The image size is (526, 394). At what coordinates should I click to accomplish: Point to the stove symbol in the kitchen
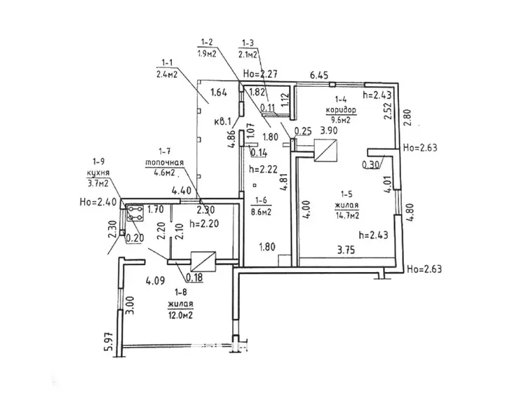click(x=134, y=213)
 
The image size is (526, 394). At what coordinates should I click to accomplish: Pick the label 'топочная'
click(x=164, y=161)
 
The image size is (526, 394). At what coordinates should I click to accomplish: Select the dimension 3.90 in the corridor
click(x=328, y=130)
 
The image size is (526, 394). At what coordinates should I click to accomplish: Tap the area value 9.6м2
click(x=339, y=120)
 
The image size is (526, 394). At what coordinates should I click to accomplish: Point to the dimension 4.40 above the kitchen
click(x=162, y=191)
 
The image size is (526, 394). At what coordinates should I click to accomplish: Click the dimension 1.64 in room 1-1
click(x=219, y=92)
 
